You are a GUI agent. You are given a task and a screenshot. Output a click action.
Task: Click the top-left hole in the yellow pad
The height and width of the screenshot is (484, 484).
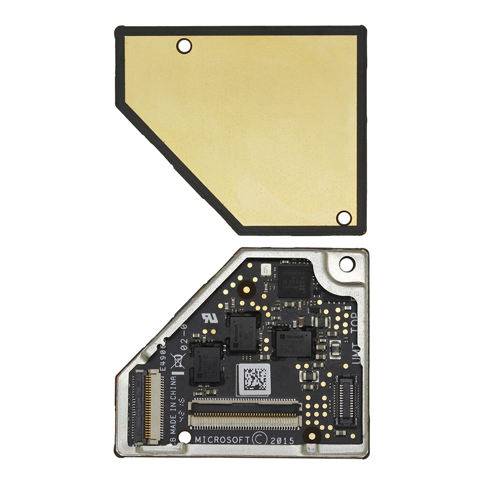(184, 46)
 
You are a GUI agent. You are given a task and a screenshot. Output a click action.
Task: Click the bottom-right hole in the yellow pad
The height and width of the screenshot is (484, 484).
(344, 218)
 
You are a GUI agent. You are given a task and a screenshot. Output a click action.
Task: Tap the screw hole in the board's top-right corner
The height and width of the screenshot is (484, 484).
(347, 264)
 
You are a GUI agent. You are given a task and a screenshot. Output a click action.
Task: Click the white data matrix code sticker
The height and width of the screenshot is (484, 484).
(253, 379)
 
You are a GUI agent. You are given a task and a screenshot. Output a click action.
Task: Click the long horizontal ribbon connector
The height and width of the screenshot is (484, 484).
(245, 415)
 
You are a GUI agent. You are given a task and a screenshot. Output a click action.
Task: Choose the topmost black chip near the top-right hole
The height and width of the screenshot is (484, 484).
(295, 280)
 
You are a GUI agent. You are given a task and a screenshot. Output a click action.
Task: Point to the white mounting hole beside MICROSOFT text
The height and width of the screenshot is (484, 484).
(184, 438)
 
